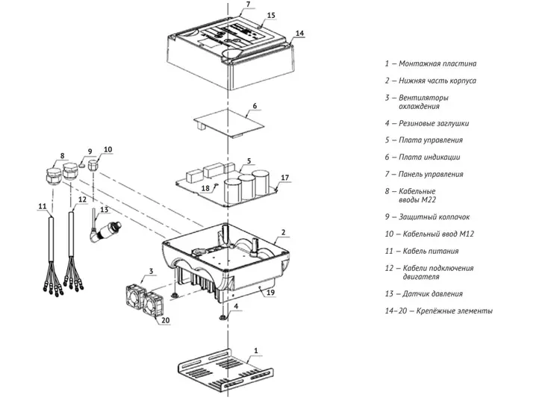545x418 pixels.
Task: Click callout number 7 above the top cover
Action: [248, 4]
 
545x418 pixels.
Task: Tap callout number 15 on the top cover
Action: [271, 15]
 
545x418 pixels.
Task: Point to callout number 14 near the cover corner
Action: [299, 33]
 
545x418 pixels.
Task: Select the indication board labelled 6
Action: [228, 122]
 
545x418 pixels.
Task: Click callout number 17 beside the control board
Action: [284, 178]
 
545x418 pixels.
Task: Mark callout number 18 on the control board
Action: [205, 188]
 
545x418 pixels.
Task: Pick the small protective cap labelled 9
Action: [82, 165]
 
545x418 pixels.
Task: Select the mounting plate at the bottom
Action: [225, 372]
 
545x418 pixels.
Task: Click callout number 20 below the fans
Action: [166, 319]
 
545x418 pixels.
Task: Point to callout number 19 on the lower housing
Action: [270, 292]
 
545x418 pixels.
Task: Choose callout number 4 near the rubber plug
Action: [236, 306]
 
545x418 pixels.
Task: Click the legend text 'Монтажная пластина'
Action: [437, 63]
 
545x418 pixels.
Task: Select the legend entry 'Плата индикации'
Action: [429, 157]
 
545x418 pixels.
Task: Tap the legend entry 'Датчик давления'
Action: [432, 293]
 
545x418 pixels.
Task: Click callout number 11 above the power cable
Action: [42, 207]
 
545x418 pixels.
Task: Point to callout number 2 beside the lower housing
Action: [283, 232]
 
